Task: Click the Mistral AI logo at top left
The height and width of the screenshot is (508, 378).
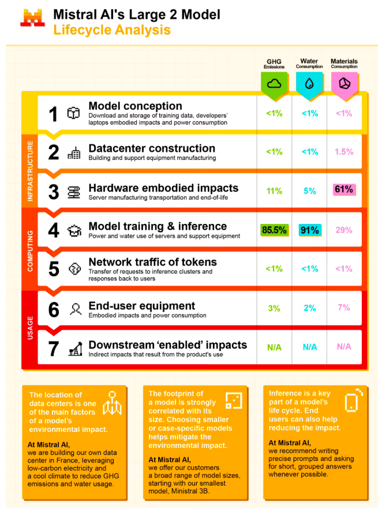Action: [32, 18]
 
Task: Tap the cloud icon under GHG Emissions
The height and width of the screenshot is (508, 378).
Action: [275, 83]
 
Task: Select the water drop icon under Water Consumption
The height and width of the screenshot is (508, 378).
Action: [309, 83]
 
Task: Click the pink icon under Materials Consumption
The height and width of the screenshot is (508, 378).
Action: [344, 83]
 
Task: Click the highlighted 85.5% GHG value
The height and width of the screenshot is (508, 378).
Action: [274, 230]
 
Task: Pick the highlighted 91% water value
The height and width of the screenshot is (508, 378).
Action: [310, 230]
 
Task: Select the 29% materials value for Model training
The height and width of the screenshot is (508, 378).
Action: [344, 230]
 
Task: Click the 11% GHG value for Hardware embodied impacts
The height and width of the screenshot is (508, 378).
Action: [275, 191]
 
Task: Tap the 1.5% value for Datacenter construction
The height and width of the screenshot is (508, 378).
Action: [344, 152]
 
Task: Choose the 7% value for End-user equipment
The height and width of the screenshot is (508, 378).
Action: [344, 308]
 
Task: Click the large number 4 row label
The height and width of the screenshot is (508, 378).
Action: [54, 230]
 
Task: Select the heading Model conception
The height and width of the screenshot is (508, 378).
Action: [135, 106]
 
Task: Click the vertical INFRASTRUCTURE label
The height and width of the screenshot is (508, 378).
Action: [29, 171]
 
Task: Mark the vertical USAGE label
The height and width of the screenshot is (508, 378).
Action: [29, 327]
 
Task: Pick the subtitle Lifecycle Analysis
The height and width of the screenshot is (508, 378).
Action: [112, 30]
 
